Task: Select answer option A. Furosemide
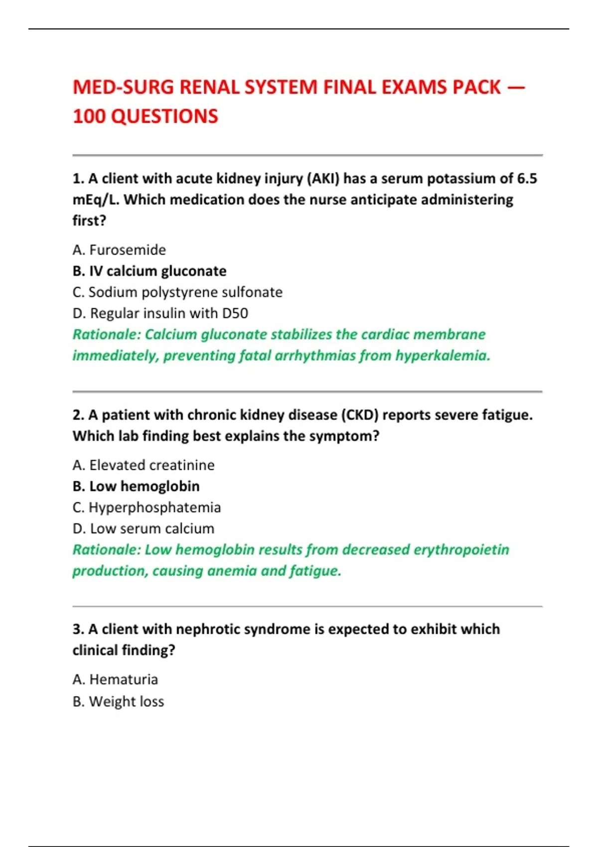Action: pos(119,250)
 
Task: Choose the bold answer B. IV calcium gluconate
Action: pos(149,271)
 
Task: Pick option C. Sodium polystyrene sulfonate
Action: pos(177,292)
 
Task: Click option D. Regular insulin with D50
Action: pos(160,313)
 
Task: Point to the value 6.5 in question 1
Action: pos(527,178)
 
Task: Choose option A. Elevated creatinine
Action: pos(144,465)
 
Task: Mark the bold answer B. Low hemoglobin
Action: pos(136,486)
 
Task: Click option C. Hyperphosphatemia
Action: pos(147,507)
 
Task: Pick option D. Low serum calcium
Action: pos(144,529)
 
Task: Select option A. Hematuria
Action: pos(115,680)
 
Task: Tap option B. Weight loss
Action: pos(118,702)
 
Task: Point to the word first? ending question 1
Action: pos(89,221)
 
